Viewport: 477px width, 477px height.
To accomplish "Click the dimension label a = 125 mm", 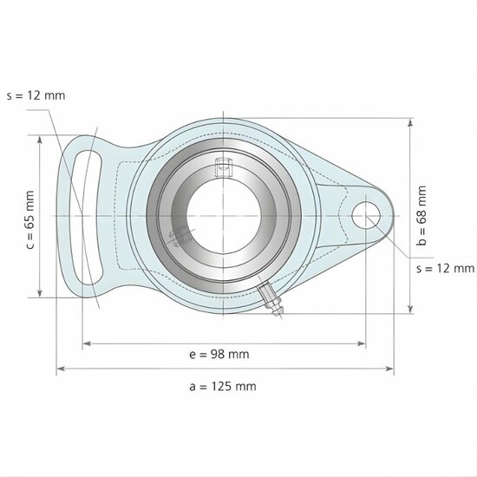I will coord(222,387).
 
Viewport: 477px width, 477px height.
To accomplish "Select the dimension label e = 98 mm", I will coord(219,355).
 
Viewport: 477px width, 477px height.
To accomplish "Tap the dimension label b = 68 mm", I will coord(422,216).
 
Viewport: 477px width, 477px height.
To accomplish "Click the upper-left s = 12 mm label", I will coord(36,95).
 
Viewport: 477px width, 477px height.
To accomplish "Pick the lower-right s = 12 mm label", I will coord(445,269).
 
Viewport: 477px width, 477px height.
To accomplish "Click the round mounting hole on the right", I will coord(365,212).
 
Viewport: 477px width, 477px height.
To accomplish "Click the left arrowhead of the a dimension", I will coord(61,369).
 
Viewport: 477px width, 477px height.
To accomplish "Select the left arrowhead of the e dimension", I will coord(86,343).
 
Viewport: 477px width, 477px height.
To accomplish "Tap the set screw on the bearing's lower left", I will coord(180,236).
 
